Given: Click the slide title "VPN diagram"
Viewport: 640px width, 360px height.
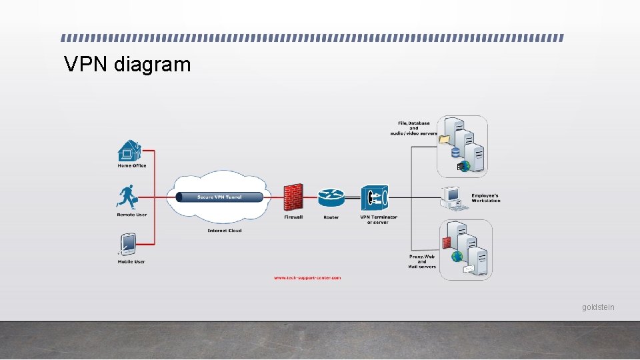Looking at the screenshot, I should (127, 65).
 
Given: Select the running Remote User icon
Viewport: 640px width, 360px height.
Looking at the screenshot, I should (128, 197).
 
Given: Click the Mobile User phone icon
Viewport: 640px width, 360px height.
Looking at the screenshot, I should (127, 244).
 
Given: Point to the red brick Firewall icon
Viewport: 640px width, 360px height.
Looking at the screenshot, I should (293, 197).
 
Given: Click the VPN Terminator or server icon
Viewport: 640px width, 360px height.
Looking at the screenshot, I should (374, 198).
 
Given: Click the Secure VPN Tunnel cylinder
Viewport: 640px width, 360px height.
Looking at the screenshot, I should (219, 197).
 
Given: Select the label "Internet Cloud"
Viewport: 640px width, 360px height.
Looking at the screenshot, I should (225, 231).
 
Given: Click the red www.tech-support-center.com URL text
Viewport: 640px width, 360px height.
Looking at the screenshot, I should (307, 277).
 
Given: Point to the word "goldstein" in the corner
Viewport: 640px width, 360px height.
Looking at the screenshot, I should (598, 307).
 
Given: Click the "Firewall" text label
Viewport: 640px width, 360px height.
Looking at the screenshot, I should (293, 217).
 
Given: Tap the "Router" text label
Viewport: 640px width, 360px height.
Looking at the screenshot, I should (331, 217).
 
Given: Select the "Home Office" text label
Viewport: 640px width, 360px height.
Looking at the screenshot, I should (131, 166).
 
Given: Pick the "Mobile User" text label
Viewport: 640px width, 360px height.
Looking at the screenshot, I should (131, 261).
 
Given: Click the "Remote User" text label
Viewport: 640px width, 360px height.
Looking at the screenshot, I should (131, 215).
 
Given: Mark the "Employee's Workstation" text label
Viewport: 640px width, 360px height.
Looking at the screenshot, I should (485, 198).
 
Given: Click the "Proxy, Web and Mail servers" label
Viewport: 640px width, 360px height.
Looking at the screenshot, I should (422, 261).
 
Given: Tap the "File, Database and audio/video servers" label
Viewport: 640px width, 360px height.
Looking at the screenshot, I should (413, 128).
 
